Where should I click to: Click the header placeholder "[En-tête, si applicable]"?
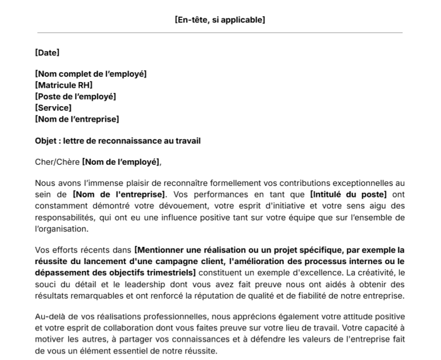[220, 20]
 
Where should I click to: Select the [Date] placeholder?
[47, 53]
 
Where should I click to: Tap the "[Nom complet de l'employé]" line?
[91, 74]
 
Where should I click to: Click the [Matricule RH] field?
[64, 85]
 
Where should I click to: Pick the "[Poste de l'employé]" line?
[75, 96]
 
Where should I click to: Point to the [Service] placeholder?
[53, 107]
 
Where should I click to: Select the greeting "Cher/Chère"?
[57, 162]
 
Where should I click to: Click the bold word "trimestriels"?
[171, 272]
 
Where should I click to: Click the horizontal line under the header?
[220, 33]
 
